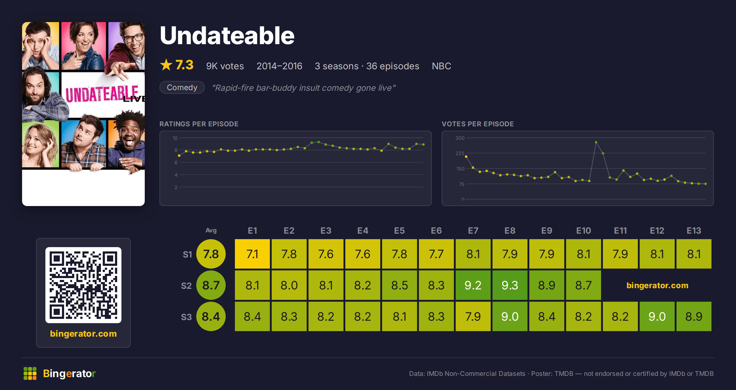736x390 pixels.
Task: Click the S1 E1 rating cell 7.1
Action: [252, 254]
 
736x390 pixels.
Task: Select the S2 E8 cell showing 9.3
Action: [510, 285]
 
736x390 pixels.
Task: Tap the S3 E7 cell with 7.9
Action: [473, 316]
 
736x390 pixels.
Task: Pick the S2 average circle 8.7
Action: [211, 285]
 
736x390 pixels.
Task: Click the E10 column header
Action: [584, 231]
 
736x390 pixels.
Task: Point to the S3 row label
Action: [186, 317]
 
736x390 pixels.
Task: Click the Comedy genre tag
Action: [182, 87]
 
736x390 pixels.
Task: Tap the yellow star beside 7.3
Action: [166, 65]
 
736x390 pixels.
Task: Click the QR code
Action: [83, 285]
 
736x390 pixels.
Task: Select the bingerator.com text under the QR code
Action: [83, 334]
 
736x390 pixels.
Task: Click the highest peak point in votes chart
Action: [596, 142]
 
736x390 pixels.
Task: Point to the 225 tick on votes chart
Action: [460, 153]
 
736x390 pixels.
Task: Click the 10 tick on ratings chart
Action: [175, 138]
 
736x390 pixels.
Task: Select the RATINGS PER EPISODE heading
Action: [199, 124]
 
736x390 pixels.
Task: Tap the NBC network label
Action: [441, 66]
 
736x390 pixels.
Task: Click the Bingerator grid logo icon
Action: [30, 373]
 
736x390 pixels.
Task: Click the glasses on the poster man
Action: [134, 38]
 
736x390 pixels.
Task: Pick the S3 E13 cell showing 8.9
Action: [694, 316]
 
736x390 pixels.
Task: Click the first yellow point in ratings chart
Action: [179, 156]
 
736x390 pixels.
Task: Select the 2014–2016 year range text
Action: [279, 66]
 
